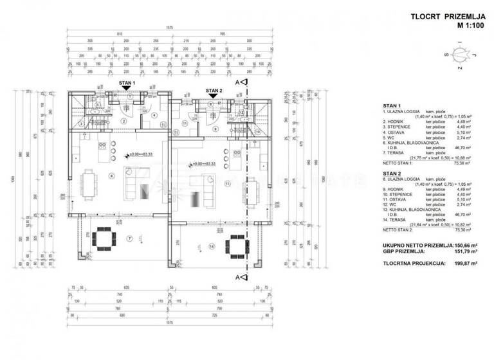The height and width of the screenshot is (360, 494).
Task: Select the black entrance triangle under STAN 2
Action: [214, 97]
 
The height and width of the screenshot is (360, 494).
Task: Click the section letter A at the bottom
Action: [237, 277]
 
